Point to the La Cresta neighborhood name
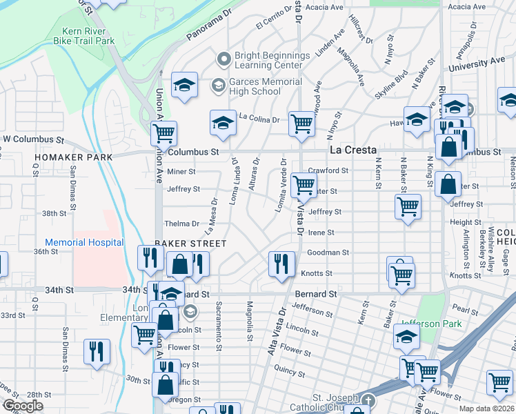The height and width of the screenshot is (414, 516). point(353,149)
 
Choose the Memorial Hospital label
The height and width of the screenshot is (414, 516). point(84,242)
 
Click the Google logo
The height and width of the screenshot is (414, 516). point(22,406)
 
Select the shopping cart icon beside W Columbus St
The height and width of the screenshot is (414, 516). point(163,133)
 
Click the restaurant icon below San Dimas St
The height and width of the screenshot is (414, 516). point(97,351)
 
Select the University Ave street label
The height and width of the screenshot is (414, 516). point(476,64)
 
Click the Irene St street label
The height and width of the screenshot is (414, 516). point(321,233)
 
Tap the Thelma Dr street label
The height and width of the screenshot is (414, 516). point(181,224)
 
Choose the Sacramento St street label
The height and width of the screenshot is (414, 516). point(218,326)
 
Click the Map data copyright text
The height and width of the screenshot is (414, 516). point(486,408)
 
